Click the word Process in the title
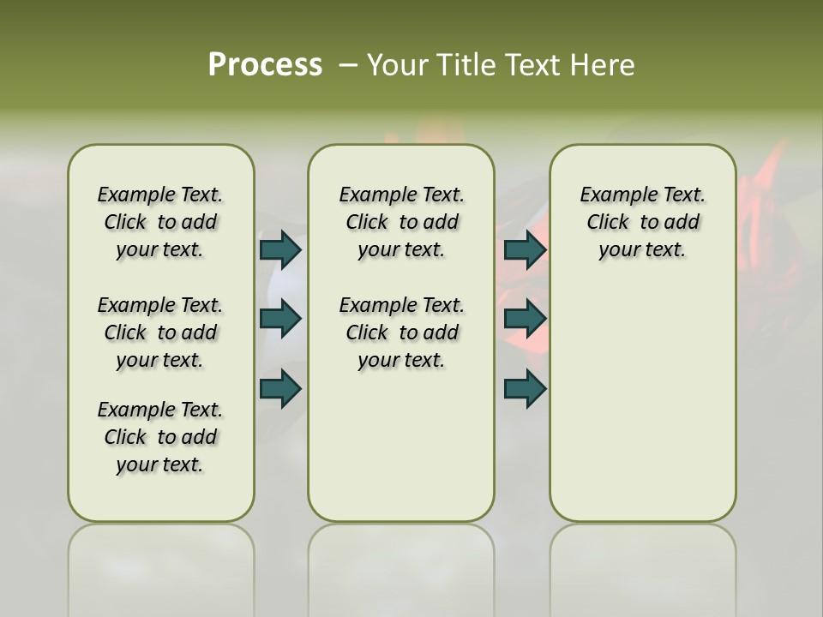pos(265,65)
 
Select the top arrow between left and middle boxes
pos(280,249)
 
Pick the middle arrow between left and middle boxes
pos(280,319)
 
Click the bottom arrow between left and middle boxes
pos(280,389)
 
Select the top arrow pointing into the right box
pos(525,249)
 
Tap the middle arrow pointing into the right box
pos(525,319)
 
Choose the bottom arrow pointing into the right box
pos(525,389)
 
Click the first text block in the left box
pos(160,222)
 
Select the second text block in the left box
pos(160,332)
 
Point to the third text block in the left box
pos(160,437)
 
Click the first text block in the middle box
pos(401,222)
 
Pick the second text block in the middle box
pos(401,332)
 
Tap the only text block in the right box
pos(642,222)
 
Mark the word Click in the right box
pos(608,223)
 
